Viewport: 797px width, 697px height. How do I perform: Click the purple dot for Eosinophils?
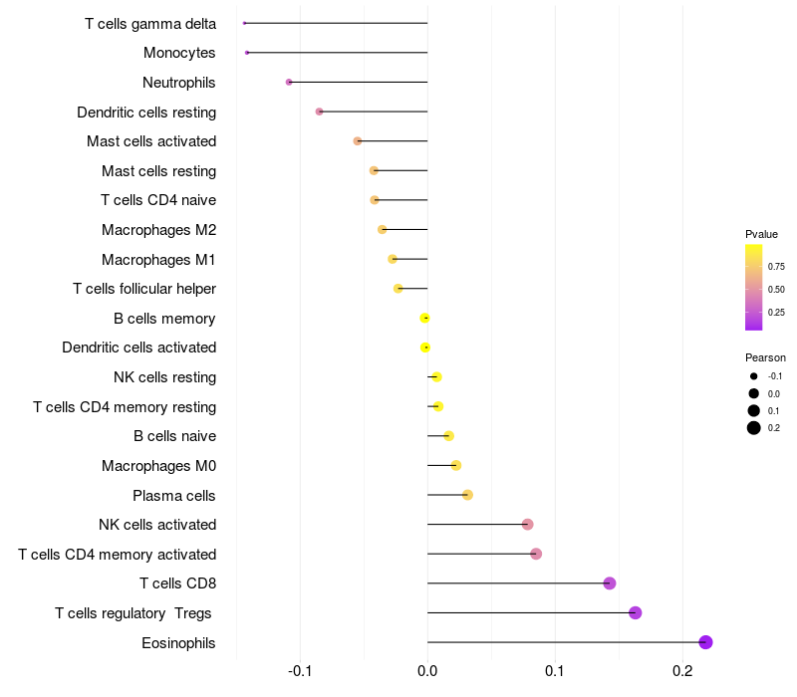tap(706, 642)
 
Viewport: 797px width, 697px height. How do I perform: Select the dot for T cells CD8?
tap(610, 583)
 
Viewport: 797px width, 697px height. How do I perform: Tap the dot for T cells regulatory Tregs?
tap(636, 612)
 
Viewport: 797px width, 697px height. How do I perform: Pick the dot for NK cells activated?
tap(527, 525)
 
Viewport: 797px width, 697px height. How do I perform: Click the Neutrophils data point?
tap(289, 82)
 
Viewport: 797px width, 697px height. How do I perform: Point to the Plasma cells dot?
tap(467, 495)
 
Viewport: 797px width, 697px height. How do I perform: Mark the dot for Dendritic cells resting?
tap(319, 112)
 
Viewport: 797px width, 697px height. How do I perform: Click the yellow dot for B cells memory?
tap(425, 318)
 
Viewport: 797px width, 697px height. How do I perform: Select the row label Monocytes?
tap(179, 53)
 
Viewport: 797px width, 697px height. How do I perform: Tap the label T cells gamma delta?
tap(150, 23)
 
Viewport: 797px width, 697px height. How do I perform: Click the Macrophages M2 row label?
tap(158, 230)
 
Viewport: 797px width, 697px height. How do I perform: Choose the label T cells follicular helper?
tap(144, 289)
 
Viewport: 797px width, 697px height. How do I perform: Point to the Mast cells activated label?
tap(151, 141)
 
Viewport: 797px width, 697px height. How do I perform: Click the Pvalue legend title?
tap(761, 234)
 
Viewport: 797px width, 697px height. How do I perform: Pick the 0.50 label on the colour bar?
tap(776, 289)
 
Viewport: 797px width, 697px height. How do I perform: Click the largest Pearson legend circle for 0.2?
tap(754, 428)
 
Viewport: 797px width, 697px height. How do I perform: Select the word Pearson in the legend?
tap(765, 357)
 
